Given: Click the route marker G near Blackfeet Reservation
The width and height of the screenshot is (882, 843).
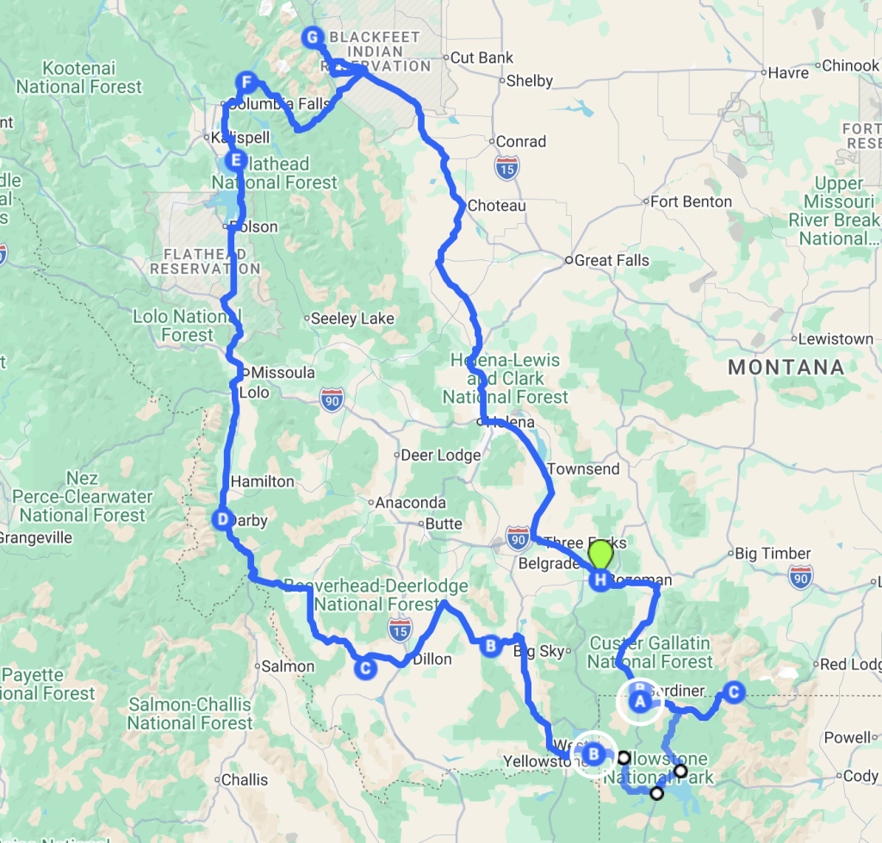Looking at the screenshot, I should [313, 37].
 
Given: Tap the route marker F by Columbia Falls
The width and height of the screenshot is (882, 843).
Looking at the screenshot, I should [247, 83].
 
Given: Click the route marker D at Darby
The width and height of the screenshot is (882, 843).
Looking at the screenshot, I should [222, 519].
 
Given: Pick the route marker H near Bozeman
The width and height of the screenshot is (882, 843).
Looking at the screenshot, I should [599, 580].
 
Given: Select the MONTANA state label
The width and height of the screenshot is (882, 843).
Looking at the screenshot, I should [786, 368].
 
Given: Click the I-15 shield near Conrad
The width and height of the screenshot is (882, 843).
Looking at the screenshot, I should [506, 168].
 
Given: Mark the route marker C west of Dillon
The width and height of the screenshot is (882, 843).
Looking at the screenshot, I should [365, 667].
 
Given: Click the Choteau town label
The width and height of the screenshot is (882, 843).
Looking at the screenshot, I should [497, 207].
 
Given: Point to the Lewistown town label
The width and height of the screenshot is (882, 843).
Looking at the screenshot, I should [835, 339].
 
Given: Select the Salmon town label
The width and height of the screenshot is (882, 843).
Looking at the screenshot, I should [288, 666].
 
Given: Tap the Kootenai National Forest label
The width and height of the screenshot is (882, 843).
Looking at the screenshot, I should [79, 77].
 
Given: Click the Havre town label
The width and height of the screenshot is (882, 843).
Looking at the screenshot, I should [787, 73].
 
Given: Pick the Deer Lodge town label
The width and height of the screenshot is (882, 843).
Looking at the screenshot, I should [442, 455].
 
